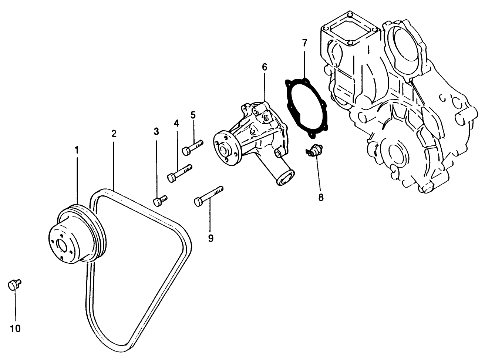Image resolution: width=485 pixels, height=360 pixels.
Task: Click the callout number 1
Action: [x=77, y=150]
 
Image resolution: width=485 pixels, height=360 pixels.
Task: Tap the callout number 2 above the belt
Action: [x=114, y=134]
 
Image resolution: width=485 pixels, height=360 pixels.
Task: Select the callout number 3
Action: [x=156, y=131]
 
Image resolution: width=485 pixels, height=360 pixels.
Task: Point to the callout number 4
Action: [x=176, y=123]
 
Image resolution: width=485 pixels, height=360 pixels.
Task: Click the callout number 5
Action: [x=193, y=115]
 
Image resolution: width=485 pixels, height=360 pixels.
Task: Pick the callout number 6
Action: [x=264, y=67]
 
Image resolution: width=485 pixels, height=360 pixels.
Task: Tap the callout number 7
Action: [x=304, y=43]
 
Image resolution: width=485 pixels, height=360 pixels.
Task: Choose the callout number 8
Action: [x=320, y=197]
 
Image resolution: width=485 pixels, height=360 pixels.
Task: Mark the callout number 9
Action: [x=210, y=238]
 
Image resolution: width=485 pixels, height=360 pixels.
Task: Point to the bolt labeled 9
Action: [x=209, y=195]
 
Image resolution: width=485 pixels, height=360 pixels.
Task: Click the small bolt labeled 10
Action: [x=14, y=285]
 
